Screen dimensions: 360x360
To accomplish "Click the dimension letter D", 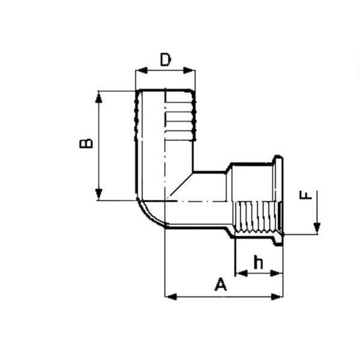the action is [166, 59].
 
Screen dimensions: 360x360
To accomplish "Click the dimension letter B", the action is [86, 143].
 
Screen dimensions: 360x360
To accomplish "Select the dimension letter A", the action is [221, 284].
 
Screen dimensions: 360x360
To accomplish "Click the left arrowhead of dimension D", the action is [141, 70].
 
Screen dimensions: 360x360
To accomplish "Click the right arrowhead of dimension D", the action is [189, 70].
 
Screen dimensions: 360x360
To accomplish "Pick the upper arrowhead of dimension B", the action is [99, 97].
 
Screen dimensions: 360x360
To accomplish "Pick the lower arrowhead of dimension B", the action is [99, 194].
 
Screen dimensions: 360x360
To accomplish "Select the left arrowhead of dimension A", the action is [171, 296].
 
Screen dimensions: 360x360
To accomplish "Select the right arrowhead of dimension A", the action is [277, 296].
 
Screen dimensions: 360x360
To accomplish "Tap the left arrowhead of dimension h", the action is [242, 273].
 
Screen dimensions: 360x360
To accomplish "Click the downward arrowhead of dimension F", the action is [317, 228].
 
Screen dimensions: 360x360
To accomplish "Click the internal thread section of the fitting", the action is [257, 217].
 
